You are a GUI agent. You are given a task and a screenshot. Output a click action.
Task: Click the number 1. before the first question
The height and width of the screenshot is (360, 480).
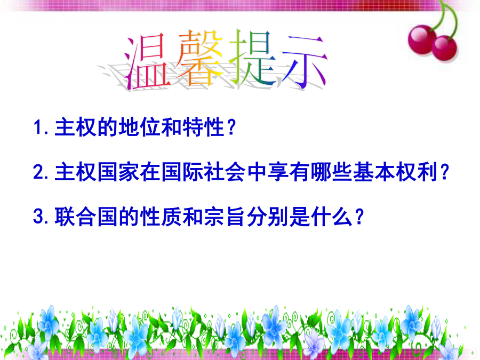point(41,127)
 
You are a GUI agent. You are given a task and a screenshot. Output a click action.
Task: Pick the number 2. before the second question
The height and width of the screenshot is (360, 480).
point(41,172)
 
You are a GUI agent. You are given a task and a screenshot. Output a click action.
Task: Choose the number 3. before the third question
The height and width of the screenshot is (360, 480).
point(41,217)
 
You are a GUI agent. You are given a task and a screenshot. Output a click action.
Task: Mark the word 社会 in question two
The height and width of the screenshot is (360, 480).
point(225,172)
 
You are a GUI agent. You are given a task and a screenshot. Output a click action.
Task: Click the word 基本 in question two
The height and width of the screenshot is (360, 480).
point(373,172)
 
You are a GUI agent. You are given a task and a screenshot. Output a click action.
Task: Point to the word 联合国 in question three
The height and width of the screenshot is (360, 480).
point(86,217)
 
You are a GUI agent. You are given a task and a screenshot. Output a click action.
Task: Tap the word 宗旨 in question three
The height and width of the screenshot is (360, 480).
point(225,217)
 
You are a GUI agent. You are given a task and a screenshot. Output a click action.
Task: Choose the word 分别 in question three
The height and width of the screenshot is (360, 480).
point(267,217)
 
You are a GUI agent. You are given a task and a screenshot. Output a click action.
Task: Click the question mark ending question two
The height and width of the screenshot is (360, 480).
point(444,172)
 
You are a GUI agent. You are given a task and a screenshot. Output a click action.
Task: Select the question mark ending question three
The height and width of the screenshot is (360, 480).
point(359,217)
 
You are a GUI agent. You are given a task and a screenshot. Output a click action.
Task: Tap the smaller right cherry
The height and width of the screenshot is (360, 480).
point(445,48)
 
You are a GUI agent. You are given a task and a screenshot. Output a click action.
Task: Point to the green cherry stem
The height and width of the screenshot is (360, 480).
point(450,18)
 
